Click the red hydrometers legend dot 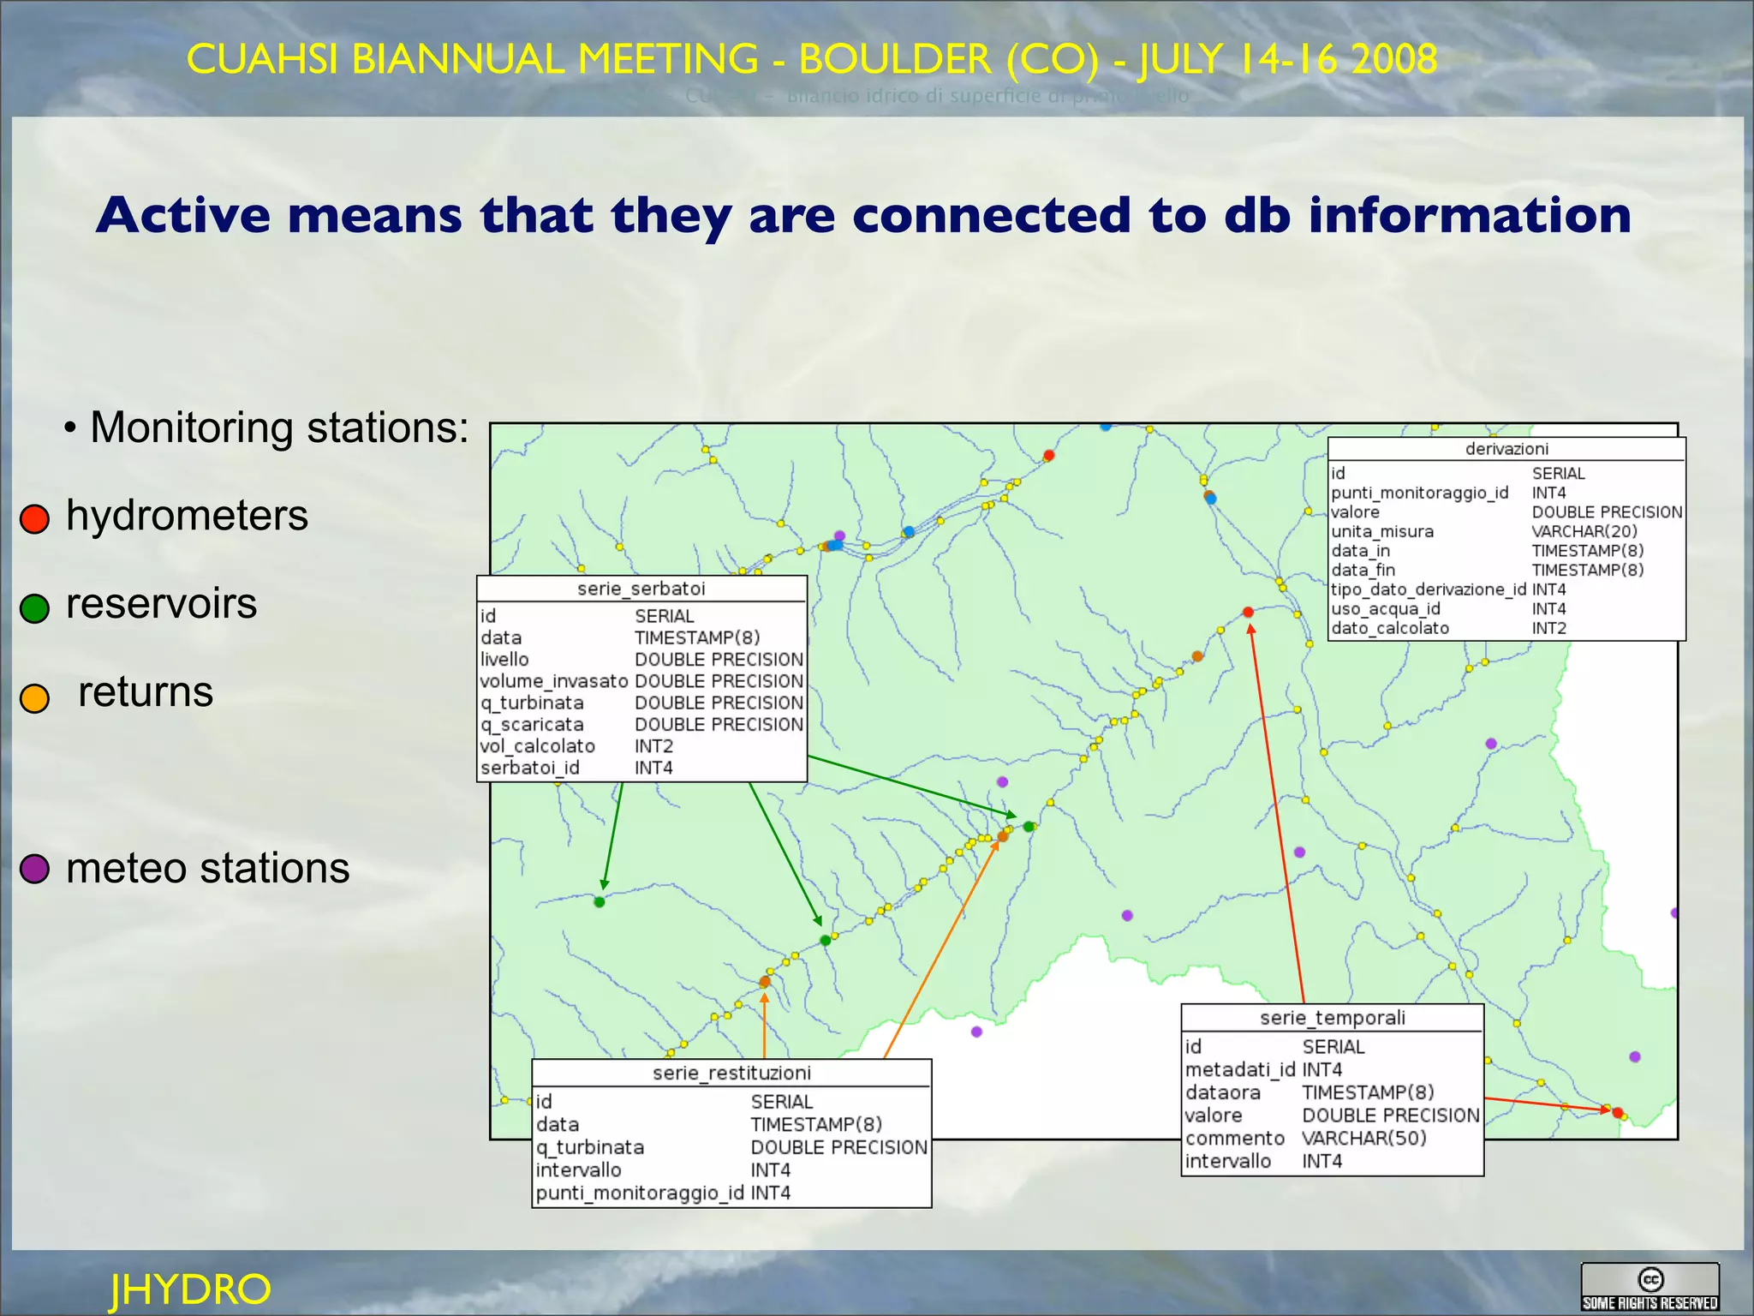35,518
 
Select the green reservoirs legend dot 35,607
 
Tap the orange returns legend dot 35,697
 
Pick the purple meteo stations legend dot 35,868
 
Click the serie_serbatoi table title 641,589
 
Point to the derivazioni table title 1506,449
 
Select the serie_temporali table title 1332,1018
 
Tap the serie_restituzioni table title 731,1073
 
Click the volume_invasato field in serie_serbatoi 554,681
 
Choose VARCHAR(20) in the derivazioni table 1584,531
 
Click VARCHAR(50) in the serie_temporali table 1364,1138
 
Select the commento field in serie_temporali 1234,1138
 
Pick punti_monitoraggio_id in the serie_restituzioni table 640,1193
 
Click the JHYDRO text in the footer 190,1289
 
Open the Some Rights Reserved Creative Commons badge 1650,1287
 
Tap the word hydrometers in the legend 187,516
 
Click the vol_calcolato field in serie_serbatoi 537,746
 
